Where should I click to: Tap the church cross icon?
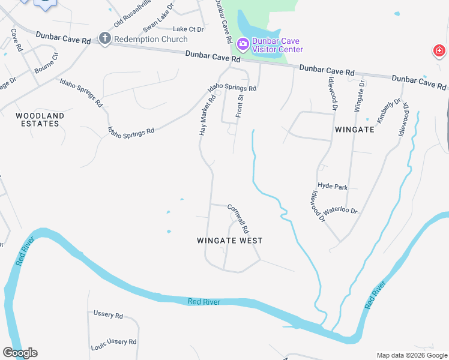[x=104, y=39]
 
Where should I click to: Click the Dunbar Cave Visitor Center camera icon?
[x=243, y=43]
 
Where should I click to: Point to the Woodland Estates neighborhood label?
[x=37, y=119]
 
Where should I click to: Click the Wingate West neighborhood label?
[x=230, y=241]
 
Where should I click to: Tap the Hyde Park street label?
[x=333, y=187]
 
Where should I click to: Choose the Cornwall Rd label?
[x=238, y=218]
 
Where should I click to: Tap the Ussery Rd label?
[x=108, y=314]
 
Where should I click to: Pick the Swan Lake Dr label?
[x=160, y=15]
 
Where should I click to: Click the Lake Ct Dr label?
[x=188, y=29]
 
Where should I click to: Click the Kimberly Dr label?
[x=388, y=108]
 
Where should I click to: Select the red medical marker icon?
[x=439, y=51]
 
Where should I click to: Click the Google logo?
[x=20, y=353]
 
